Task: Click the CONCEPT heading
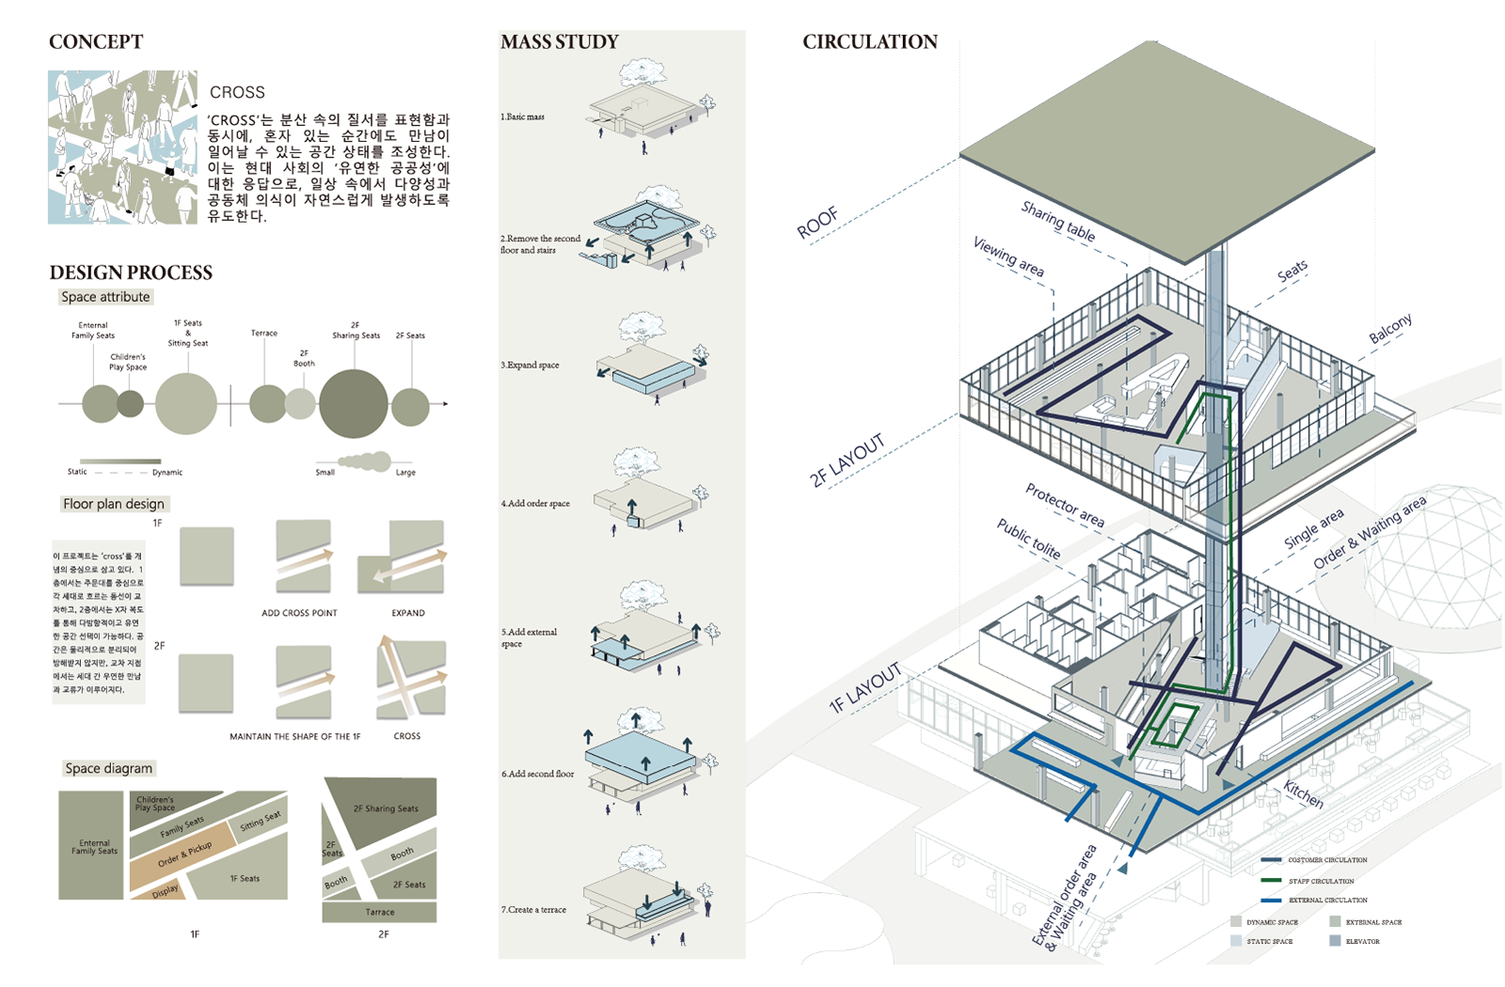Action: tap(96, 42)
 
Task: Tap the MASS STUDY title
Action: tap(560, 42)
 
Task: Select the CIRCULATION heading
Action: tap(870, 42)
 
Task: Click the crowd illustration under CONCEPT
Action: tap(122, 148)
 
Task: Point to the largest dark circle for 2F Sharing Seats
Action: tap(353, 403)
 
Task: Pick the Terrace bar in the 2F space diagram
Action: tap(379, 912)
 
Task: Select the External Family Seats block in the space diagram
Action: tap(91, 846)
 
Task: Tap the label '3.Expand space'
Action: tap(530, 365)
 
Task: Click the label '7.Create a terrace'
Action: tap(533, 910)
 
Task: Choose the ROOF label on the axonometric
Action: tap(817, 223)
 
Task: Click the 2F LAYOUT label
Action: tap(848, 460)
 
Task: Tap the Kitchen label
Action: tap(1304, 794)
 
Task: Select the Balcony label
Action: tap(1390, 328)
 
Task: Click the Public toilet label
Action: tap(1029, 539)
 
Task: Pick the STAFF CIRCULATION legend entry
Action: tap(1321, 881)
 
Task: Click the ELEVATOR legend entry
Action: tap(1362, 941)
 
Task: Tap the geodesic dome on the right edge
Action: tap(1439, 564)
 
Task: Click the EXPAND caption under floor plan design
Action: tap(408, 613)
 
